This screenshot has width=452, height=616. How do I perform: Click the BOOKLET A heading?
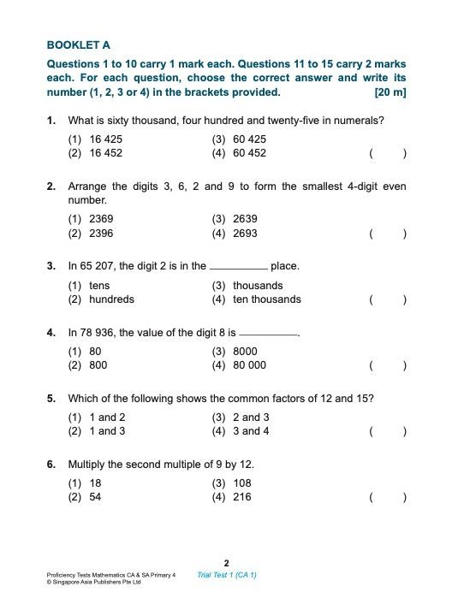tap(79, 44)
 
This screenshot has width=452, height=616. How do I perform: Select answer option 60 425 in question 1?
tap(247, 139)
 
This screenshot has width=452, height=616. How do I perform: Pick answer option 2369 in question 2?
tap(101, 219)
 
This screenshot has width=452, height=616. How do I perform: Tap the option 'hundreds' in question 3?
tap(111, 299)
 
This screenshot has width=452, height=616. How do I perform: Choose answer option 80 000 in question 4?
tap(247, 365)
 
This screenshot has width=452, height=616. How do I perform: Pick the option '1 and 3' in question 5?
tap(107, 431)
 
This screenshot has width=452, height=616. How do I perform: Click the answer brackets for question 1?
tap(388, 154)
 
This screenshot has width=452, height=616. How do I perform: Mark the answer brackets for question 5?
tap(388, 432)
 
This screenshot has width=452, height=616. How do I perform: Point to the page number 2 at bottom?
tap(226, 562)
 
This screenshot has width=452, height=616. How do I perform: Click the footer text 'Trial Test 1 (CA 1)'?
tap(227, 575)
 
